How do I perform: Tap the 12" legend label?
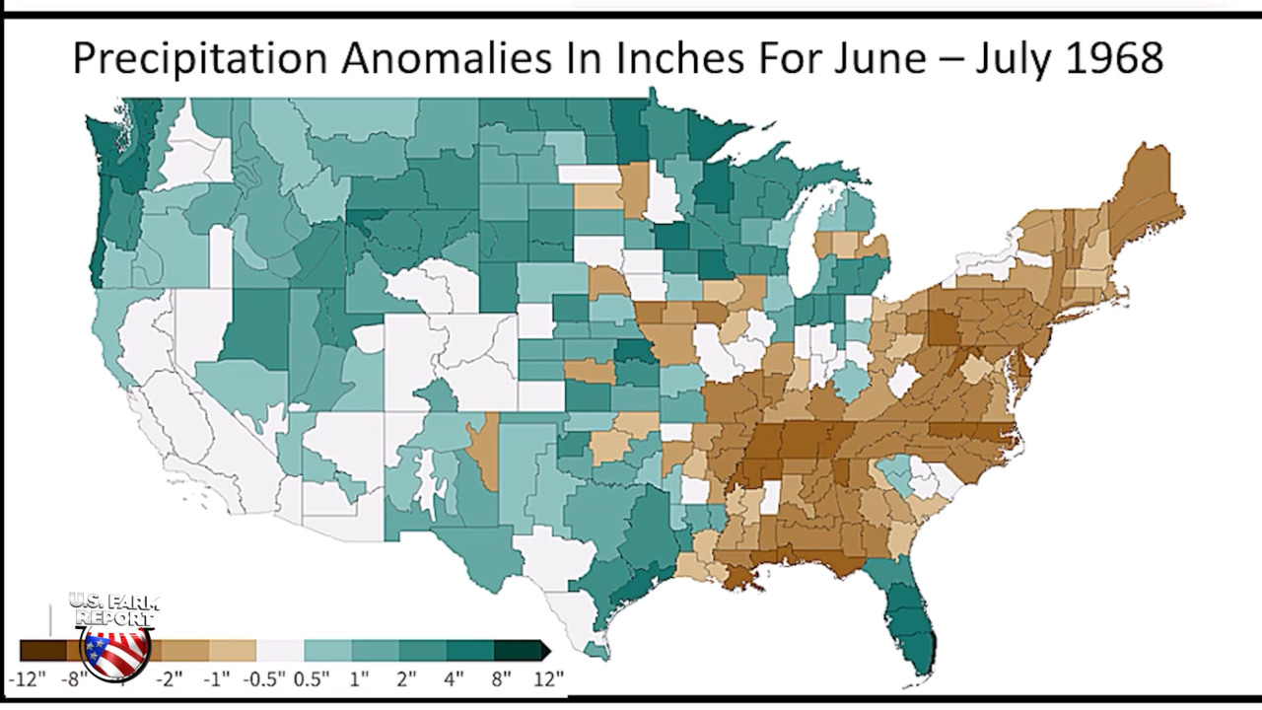(547, 678)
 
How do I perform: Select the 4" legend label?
(454, 678)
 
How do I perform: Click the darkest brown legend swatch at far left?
(41, 650)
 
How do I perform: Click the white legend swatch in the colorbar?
(280, 650)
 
